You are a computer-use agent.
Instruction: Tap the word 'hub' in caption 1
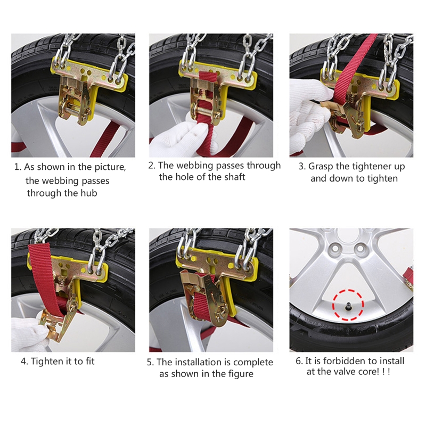click(89, 193)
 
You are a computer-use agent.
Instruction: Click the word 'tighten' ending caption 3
click(382, 178)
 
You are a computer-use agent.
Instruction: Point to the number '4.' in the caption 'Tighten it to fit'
click(24, 362)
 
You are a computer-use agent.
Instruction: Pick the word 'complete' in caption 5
click(253, 363)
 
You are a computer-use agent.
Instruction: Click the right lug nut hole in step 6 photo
click(361, 248)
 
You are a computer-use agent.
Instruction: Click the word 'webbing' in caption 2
click(194, 166)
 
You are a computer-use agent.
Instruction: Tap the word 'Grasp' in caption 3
click(321, 167)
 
